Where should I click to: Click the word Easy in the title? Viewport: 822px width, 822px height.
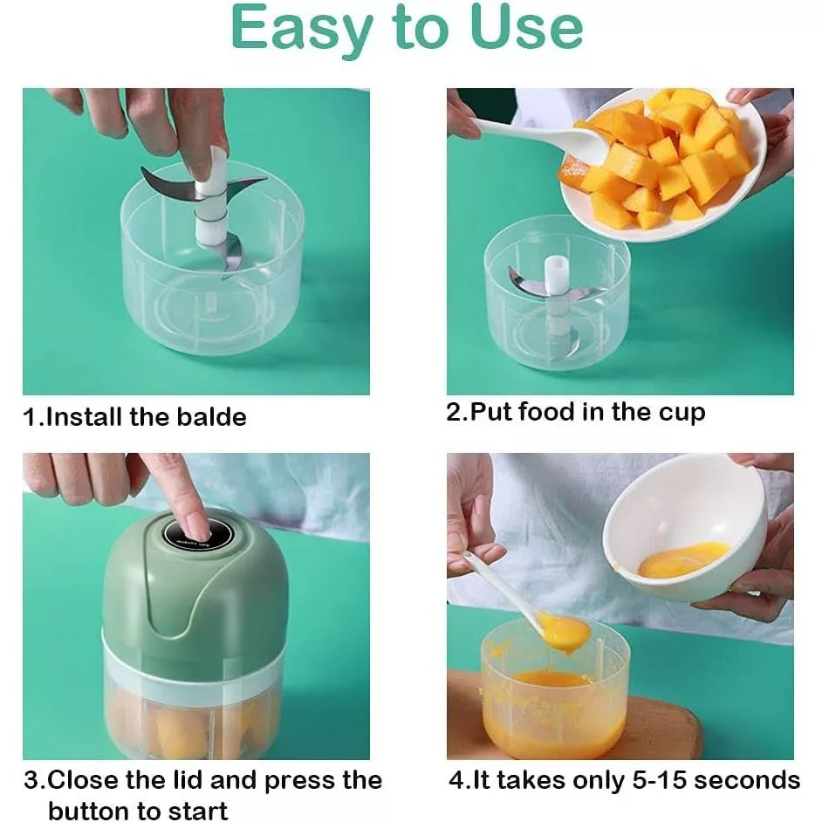(300, 28)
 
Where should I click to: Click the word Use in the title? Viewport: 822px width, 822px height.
(526, 28)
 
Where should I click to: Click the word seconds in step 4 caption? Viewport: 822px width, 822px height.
(748, 779)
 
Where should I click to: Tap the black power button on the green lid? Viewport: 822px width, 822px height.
(187, 530)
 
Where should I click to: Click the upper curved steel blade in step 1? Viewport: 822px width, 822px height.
(166, 183)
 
